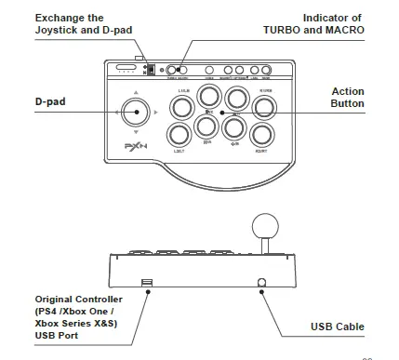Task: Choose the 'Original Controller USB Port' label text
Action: (74, 316)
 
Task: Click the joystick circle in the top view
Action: (136, 114)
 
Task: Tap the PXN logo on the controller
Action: (135, 149)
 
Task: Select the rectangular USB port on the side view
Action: (146, 282)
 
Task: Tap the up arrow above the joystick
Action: (136, 92)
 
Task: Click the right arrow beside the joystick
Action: (157, 115)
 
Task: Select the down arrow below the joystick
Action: (136, 137)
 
